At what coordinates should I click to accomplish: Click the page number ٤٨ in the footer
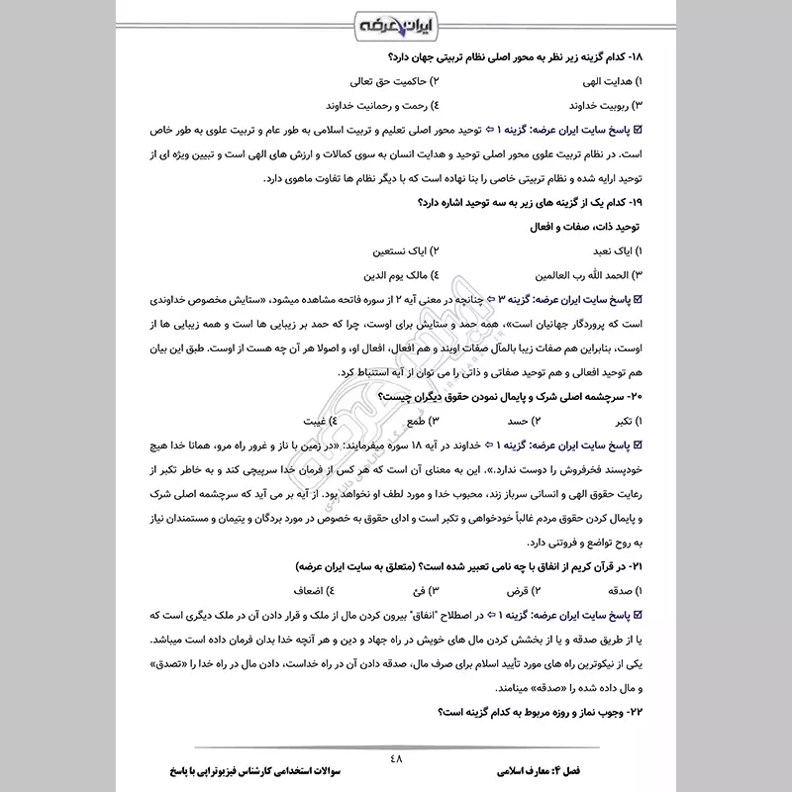point(397,759)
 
